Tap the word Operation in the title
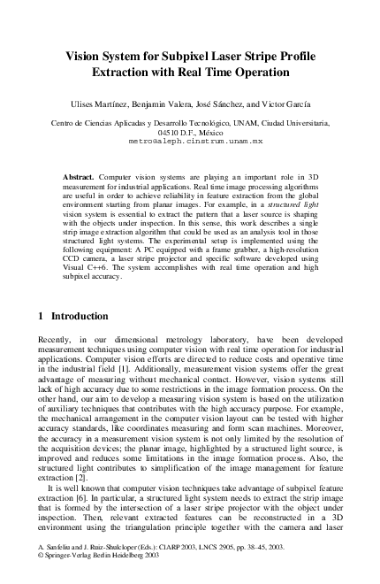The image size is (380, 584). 258,72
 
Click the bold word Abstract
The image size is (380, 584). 80,177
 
